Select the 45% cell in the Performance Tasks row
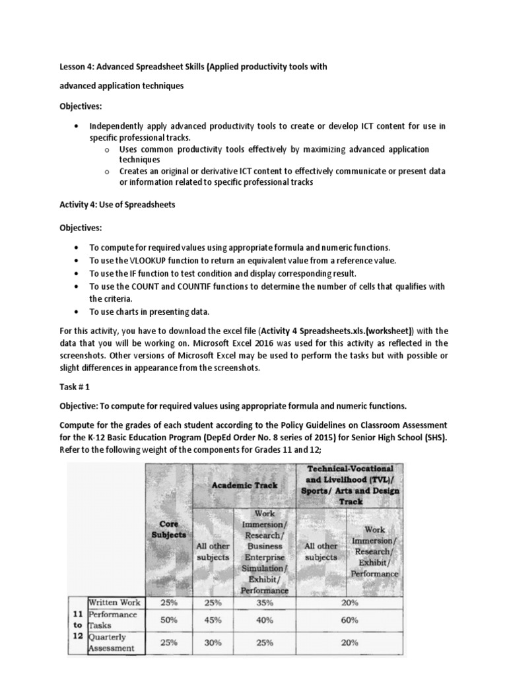[x=212, y=620]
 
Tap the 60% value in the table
[x=349, y=620]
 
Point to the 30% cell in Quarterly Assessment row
[x=212, y=642]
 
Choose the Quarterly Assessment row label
[x=112, y=642]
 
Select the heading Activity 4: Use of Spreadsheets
[x=118, y=205]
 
